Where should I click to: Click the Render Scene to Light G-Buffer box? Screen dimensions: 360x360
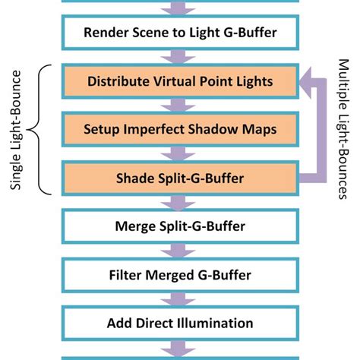tap(181, 33)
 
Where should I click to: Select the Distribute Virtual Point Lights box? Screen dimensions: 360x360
tap(181, 81)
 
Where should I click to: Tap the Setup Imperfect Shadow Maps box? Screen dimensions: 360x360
tap(181, 129)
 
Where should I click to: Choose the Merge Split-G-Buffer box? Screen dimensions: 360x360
tap(181, 226)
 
